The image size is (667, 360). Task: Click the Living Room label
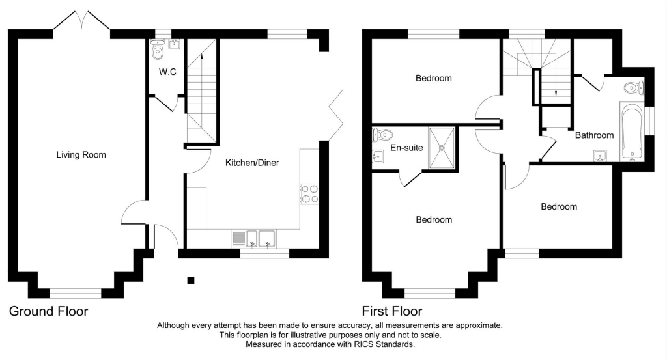[81, 155]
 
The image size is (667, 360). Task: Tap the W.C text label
[167, 72]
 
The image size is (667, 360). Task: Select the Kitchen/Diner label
[252, 163]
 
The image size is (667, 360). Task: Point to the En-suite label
[406, 148]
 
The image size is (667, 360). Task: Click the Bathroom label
[594, 135]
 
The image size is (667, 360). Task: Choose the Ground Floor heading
[48, 312]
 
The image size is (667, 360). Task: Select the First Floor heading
[392, 312]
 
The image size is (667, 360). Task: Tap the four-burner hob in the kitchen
[309, 194]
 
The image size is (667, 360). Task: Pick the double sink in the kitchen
[260, 240]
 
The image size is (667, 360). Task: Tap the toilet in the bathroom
[632, 88]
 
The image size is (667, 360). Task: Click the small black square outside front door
[191, 280]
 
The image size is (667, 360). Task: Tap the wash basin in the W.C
[173, 44]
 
